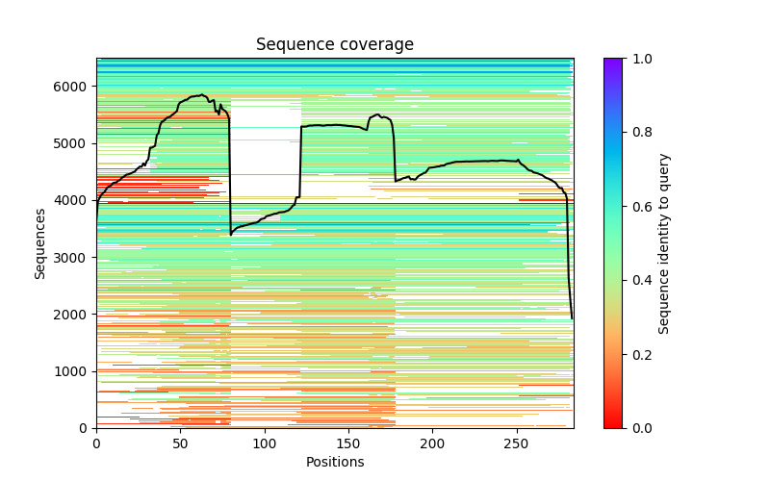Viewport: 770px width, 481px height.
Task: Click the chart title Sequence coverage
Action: pos(334,45)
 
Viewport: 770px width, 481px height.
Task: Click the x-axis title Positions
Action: pos(334,462)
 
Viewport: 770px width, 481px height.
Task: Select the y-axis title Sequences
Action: pos(40,242)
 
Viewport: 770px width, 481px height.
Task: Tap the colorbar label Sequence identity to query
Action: pos(664,242)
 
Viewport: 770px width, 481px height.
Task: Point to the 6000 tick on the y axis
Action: pos(75,87)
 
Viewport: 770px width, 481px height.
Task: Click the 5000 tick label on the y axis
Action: pos(75,143)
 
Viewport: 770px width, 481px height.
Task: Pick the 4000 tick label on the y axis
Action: pos(75,200)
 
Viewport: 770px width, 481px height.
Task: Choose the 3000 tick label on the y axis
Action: pos(75,257)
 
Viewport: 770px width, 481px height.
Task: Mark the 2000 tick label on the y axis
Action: pos(75,315)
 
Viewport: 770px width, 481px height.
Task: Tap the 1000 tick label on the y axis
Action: pos(75,371)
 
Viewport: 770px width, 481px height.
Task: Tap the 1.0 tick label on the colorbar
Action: pos(638,59)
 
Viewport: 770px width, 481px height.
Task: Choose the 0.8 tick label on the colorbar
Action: pos(638,133)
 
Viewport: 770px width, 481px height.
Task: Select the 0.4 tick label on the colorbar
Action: pos(638,280)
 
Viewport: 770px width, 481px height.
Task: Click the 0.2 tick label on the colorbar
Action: pos(638,354)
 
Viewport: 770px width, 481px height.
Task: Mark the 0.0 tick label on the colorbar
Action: pos(638,428)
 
